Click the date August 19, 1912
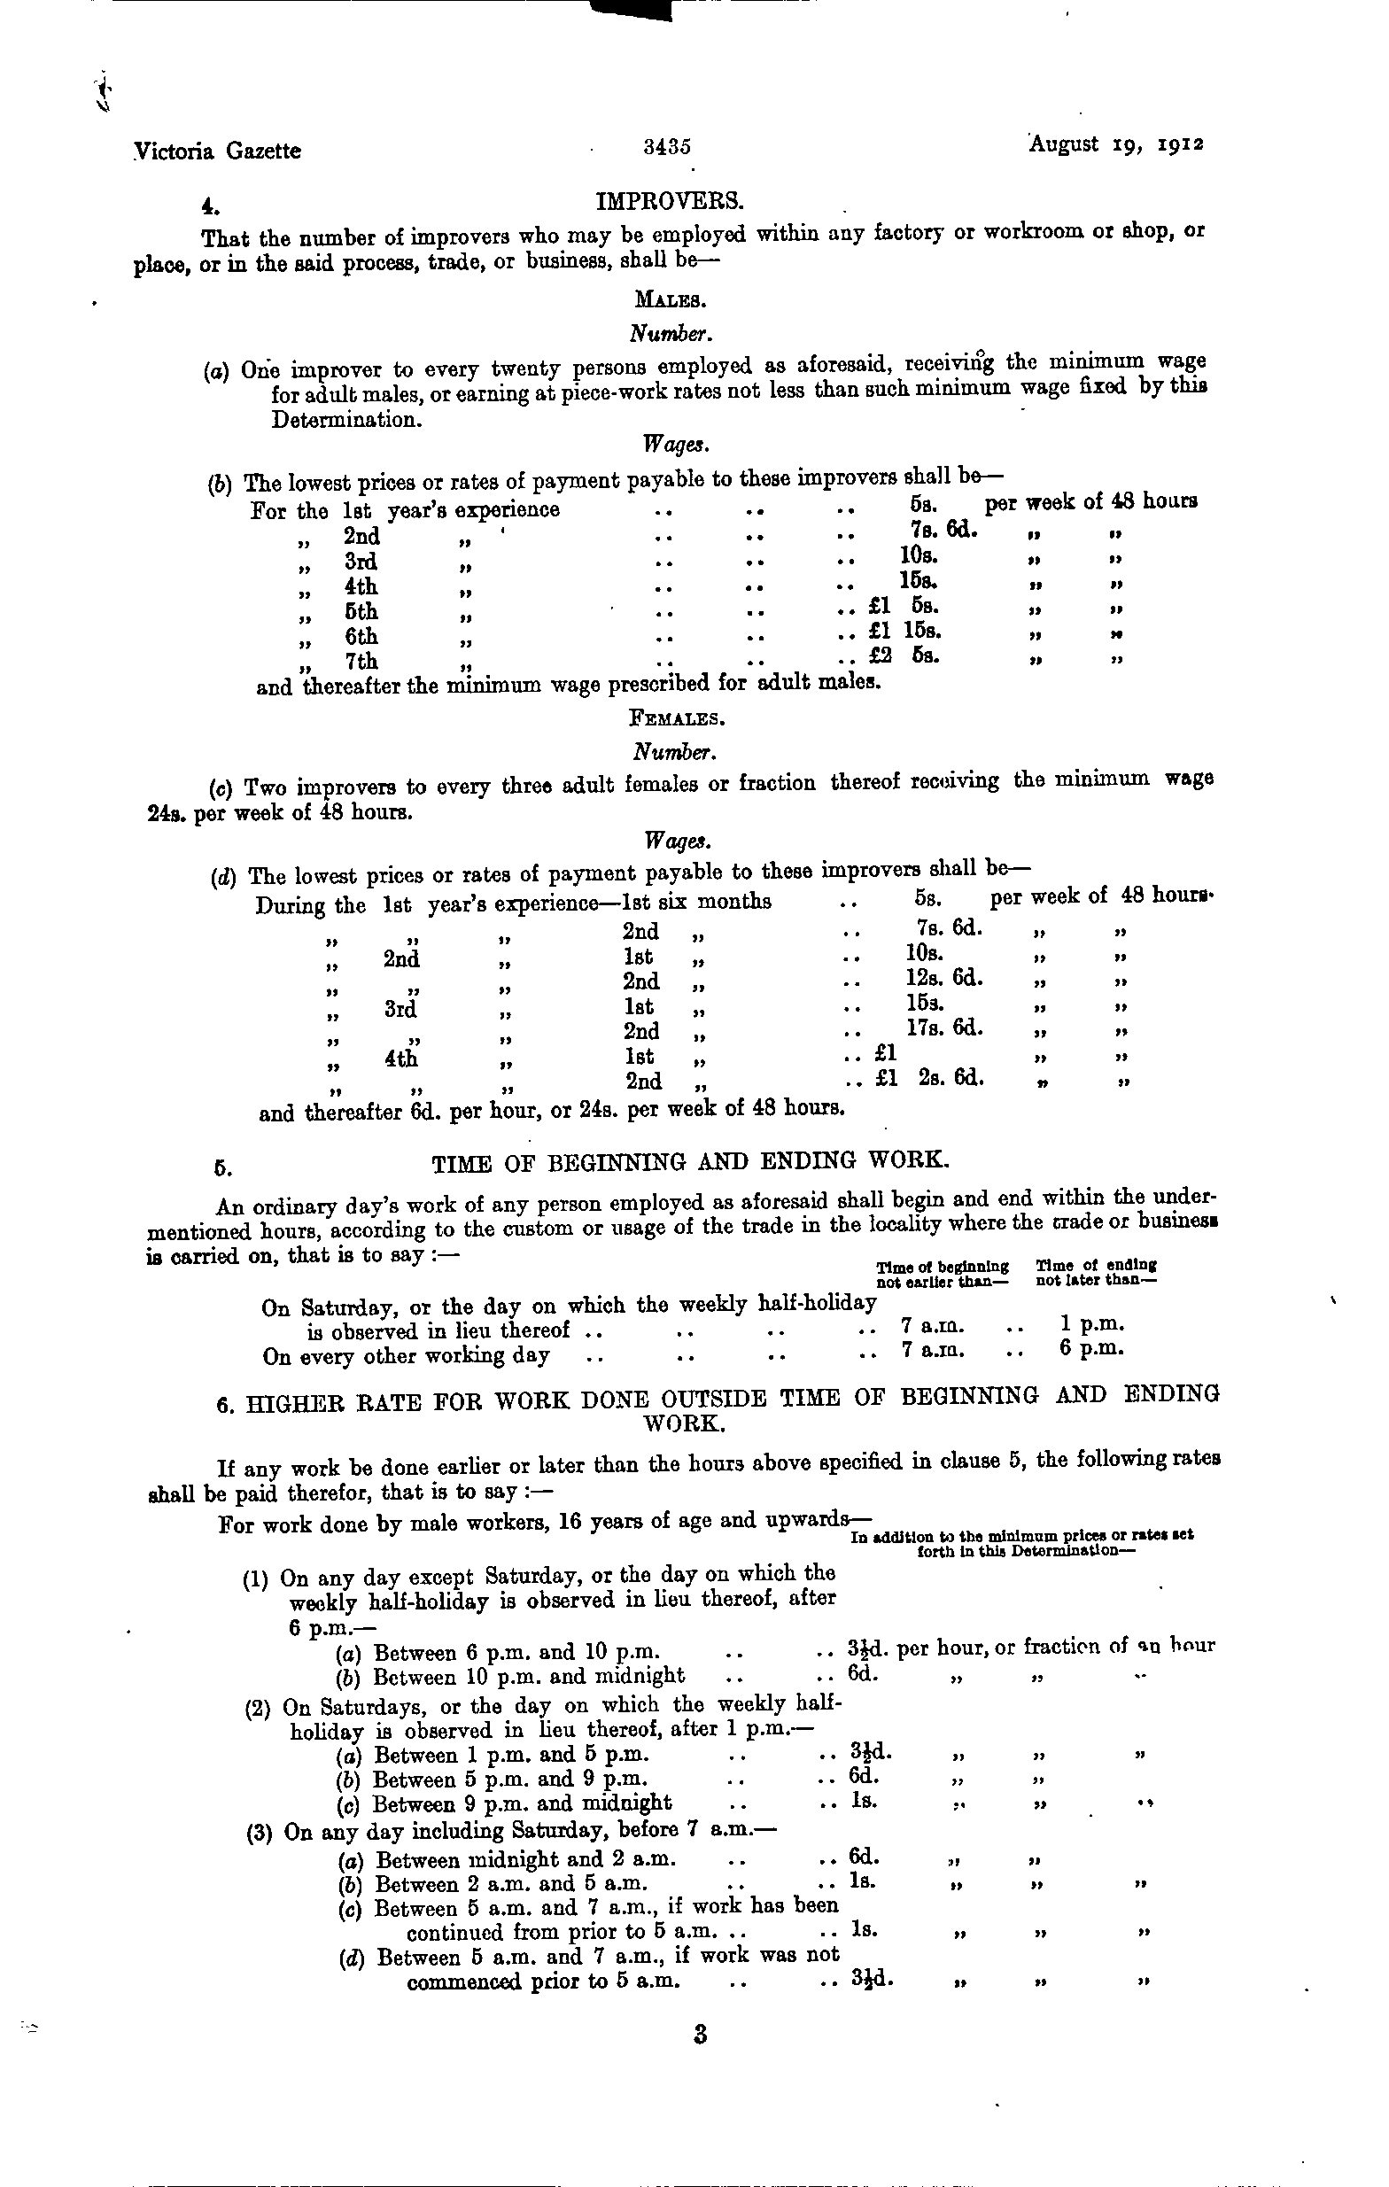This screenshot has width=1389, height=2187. (x=1116, y=145)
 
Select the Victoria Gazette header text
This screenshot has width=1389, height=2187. (x=217, y=151)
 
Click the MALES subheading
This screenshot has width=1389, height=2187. (x=669, y=299)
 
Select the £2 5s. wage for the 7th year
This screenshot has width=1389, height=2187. (x=903, y=654)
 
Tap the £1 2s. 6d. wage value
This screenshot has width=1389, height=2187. (x=928, y=1079)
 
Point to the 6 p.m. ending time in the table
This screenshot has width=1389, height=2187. (x=1091, y=1349)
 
